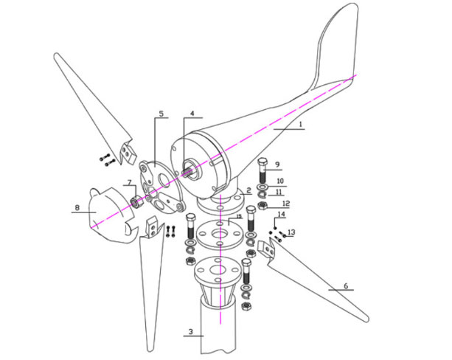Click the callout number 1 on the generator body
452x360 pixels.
301,125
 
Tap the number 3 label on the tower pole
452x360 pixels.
190,332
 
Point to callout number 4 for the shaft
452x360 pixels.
192,114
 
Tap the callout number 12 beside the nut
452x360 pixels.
286,203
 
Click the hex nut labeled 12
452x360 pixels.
263,204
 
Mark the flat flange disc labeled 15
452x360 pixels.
220,232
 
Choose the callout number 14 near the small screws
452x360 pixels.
280,215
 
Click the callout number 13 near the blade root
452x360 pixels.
291,232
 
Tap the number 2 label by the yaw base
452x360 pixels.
249,190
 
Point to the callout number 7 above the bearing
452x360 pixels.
128,181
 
